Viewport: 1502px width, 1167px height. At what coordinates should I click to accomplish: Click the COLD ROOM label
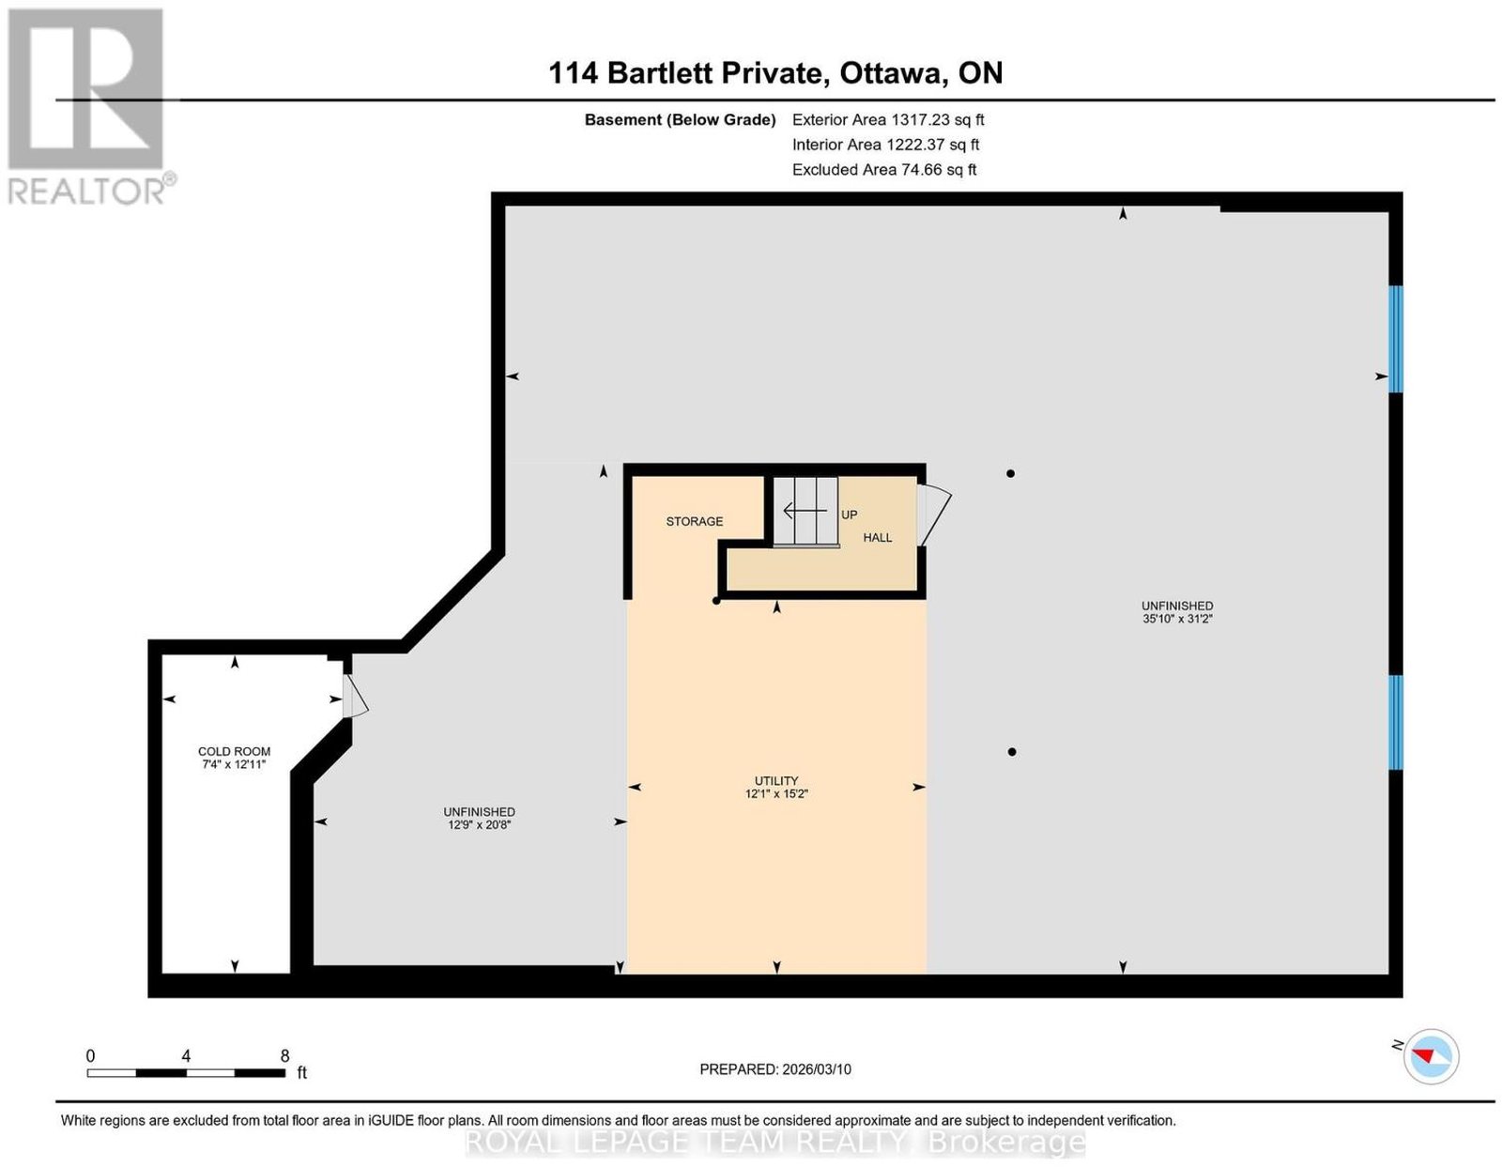(234, 751)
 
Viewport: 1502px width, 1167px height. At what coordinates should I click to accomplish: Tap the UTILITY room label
(776, 781)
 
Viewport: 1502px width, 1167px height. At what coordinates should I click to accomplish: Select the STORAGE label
(694, 521)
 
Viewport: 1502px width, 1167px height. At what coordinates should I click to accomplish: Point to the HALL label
(877, 538)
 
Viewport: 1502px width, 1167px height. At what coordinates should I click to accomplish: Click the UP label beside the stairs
(849, 514)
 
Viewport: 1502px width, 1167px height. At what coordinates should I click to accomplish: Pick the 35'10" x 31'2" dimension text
(1177, 619)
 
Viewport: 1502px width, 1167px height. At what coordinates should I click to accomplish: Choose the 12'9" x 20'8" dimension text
(479, 824)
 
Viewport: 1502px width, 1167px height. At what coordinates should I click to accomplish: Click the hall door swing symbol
(933, 514)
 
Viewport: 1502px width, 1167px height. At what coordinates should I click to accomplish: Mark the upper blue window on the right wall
(1396, 339)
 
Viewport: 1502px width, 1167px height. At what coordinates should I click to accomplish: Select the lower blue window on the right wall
(1396, 722)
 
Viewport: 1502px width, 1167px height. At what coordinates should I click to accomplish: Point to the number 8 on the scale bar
(284, 1056)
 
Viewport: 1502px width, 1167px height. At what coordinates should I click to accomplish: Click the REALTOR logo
(90, 107)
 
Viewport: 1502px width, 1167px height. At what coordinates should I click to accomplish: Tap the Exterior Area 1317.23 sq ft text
(888, 119)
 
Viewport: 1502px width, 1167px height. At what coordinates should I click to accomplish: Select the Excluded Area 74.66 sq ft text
(884, 169)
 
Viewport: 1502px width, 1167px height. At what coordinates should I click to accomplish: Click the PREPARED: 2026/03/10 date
(775, 1069)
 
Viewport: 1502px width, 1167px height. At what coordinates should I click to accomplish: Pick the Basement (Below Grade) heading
(681, 119)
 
